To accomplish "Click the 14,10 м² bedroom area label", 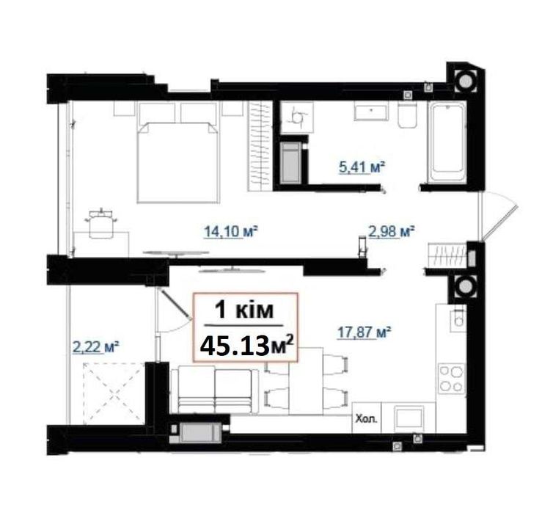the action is tap(231, 231).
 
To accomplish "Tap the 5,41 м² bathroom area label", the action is tap(362, 168).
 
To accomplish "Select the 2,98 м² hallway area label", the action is tap(392, 231).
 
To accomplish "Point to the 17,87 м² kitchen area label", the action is tap(364, 332).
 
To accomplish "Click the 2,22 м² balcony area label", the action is tap(96, 346).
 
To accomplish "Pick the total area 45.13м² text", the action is tap(247, 346).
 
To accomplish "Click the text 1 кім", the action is tap(244, 310).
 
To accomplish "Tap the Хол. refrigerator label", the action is tap(367, 419).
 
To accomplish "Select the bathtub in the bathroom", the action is tap(447, 142).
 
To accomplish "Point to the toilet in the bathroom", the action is tap(408, 114).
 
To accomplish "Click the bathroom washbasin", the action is tap(371, 112).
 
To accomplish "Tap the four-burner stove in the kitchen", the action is tap(451, 378).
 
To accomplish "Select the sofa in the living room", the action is tap(215, 390).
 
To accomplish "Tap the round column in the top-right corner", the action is tap(465, 81).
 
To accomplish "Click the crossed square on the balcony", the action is tap(114, 393).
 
